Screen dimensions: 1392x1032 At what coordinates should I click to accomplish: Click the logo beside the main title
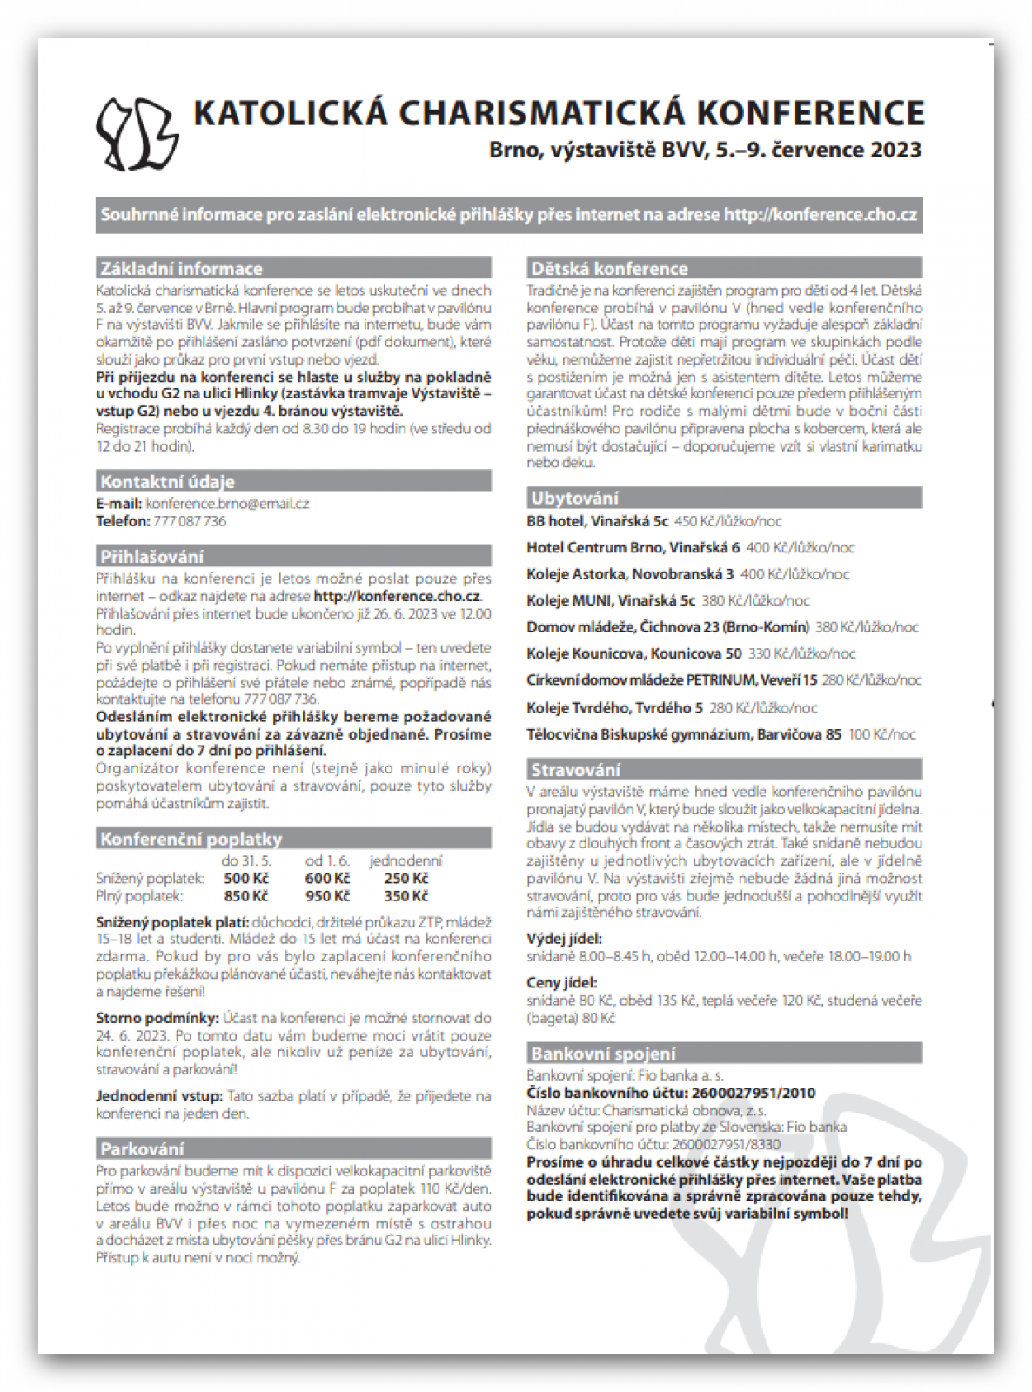pos(137,133)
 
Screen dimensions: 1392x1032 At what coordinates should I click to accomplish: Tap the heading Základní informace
pos(181,268)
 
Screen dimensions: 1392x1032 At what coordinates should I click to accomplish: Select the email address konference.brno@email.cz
pos(227,504)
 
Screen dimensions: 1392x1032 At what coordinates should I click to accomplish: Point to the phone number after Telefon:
pos(190,521)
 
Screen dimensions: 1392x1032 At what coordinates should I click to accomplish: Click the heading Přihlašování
pos(151,557)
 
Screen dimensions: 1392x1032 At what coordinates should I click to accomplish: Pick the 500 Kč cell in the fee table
pos(246,879)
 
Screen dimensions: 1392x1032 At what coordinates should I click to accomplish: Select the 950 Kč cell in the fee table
pos(327,896)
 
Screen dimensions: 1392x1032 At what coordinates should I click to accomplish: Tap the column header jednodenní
pos(405,861)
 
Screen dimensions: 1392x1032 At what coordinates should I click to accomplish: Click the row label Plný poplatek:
pos(139,896)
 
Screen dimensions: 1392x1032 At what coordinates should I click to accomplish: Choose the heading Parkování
pos(142,1149)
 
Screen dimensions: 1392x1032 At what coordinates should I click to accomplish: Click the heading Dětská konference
pos(609,268)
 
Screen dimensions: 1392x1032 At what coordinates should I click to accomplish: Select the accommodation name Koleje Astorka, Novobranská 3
pos(630,574)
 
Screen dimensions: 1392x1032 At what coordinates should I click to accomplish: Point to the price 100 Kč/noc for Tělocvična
pos(882,734)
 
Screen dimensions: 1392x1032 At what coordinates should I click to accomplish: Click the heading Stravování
pos(575,770)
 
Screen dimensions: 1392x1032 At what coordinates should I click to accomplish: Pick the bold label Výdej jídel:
pos(564,939)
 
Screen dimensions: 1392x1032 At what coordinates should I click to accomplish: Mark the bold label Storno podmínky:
pos(157,1018)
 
